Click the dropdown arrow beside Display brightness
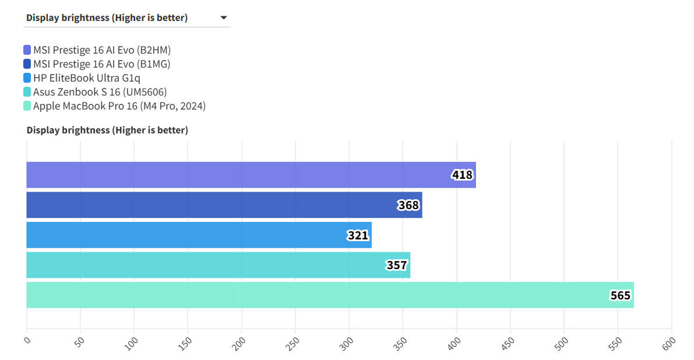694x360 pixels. click(x=224, y=17)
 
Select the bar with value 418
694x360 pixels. click(x=251, y=175)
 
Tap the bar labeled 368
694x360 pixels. click(x=224, y=205)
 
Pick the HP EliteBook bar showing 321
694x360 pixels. click(x=199, y=235)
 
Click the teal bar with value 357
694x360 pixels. click(x=218, y=265)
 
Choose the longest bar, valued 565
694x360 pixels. click(x=330, y=295)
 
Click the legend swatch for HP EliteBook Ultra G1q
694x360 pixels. click(x=27, y=78)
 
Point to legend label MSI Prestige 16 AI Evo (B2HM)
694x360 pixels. click(x=102, y=50)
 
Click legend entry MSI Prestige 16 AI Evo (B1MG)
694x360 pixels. click(x=102, y=64)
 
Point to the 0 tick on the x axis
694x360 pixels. click(x=26, y=341)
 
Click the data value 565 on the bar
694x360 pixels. click(x=620, y=296)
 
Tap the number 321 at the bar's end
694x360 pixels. click(x=358, y=235)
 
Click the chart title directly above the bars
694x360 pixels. click(x=107, y=130)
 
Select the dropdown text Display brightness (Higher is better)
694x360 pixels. click(x=107, y=17)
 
